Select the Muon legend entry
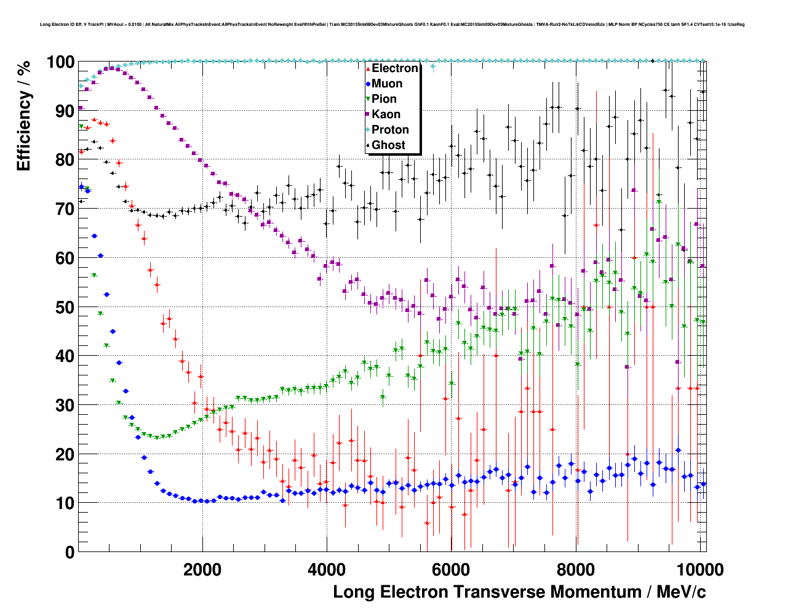(x=387, y=84)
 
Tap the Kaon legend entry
(x=386, y=114)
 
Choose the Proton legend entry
(x=390, y=130)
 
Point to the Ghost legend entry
(x=388, y=145)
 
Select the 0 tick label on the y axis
(x=70, y=552)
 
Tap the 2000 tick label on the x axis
(x=202, y=569)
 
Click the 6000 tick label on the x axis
(x=451, y=569)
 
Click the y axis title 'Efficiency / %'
(x=23, y=116)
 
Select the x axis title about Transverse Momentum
(x=519, y=592)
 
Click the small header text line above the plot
(x=392, y=25)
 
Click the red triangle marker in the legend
(x=368, y=68)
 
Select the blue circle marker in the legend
(x=368, y=84)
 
